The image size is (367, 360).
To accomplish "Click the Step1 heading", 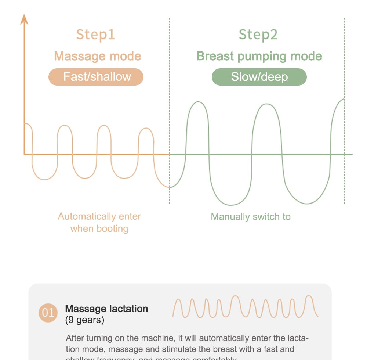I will (95, 35).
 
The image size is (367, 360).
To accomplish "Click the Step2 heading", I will (258, 35).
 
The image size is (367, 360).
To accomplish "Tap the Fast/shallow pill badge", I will (96, 77).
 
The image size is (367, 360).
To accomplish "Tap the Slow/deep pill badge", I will (259, 77).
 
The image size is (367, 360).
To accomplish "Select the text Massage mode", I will (97, 56).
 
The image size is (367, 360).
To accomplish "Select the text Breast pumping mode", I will (259, 56).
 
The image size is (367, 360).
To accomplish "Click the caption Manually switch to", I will (251, 217).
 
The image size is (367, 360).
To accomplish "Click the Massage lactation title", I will (106, 309).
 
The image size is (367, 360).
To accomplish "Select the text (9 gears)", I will (84, 320).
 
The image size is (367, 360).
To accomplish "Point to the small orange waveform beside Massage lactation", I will (245, 306).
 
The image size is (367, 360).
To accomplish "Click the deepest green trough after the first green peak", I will (230, 205).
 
